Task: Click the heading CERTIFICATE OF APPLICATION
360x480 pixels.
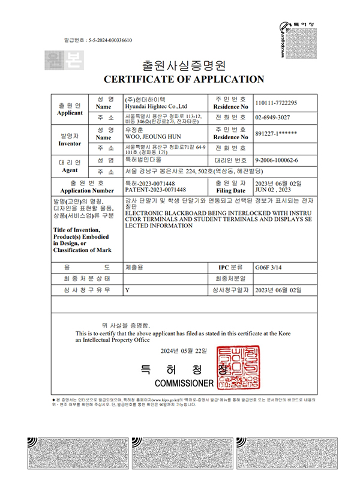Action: tap(184, 79)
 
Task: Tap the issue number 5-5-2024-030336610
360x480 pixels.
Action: tap(109, 40)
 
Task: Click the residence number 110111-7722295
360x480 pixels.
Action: tap(276, 103)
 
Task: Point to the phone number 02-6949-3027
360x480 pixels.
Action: tap(273, 118)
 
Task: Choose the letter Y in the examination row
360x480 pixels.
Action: tap(127, 290)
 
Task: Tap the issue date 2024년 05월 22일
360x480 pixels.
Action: tap(184, 350)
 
